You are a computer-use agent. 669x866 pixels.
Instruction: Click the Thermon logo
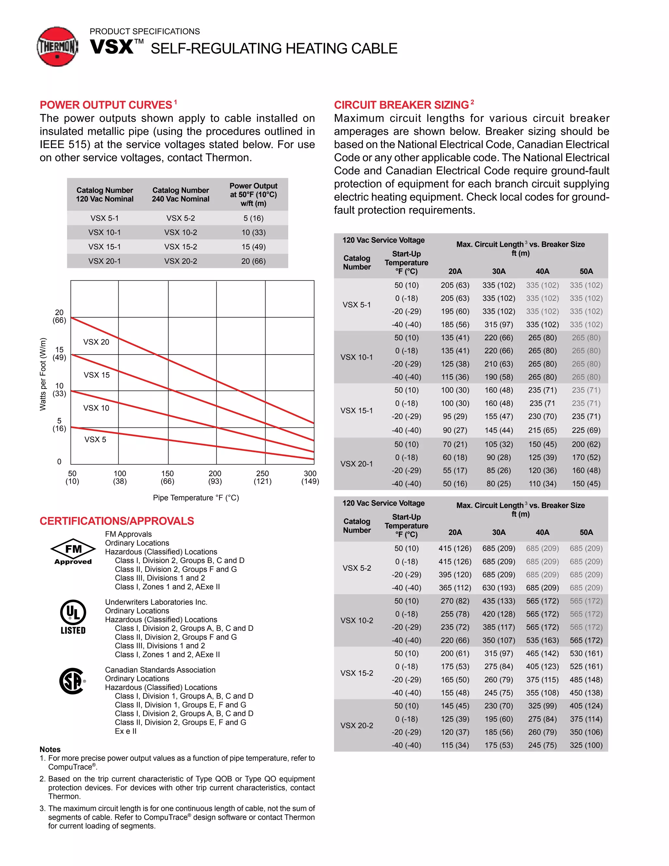(x=57, y=46)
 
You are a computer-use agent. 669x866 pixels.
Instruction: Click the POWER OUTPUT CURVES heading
(x=106, y=105)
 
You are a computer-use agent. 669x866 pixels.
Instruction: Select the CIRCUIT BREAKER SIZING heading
(x=401, y=105)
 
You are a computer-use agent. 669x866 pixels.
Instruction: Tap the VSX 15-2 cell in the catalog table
(x=180, y=247)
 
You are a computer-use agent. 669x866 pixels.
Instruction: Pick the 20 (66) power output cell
(x=253, y=261)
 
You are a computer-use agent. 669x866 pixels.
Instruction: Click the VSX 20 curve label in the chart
(x=96, y=342)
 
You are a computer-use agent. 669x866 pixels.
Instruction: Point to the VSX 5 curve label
(x=95, y=439)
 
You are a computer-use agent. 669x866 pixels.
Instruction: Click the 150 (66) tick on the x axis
(x=167, y=477)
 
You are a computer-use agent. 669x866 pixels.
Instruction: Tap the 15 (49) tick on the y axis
(x=59, y=353)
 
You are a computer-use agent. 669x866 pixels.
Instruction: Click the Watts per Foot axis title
(x=43, y=374)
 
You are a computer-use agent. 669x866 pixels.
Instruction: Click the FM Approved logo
(x=73, y=552)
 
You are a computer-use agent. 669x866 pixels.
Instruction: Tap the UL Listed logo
(x=73, y=617)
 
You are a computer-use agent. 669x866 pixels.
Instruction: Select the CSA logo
(x=72, y=681)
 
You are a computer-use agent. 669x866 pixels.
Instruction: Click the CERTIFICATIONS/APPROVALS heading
(x=117, y=521)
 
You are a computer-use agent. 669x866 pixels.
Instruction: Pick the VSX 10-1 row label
(x=357, y=357)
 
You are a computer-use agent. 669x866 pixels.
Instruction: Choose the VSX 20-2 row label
(x=357, y=725)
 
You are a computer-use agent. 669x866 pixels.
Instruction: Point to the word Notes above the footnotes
(x=50, y=749)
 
